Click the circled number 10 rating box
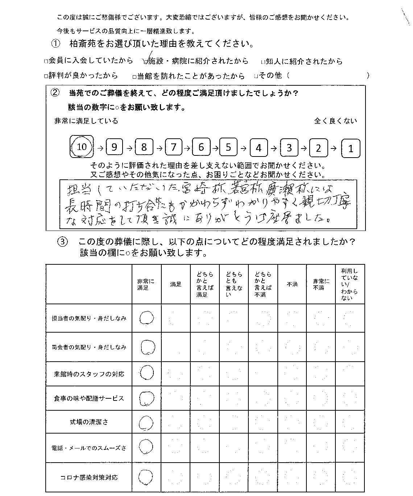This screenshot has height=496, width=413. [82, 147]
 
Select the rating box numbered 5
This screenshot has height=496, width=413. [228, 147]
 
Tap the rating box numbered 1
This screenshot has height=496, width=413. [351, 149]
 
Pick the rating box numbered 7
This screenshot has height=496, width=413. [174, 147]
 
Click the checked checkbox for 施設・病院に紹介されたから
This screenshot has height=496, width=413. [146, 61]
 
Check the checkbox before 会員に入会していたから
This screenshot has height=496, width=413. [46, 61]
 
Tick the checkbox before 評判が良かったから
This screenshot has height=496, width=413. [46, 76]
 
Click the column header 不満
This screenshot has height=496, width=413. [292, 285]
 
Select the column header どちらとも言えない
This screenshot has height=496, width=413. [234, 284]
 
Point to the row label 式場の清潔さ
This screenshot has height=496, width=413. [89, 422]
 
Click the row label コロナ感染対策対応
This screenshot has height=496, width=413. [89, 477]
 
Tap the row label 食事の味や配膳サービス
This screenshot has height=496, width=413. [89, 398]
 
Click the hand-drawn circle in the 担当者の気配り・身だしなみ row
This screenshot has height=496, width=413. [146, 318]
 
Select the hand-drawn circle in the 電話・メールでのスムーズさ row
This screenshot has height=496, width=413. [146, 447]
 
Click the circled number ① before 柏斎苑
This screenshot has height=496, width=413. [55, 44]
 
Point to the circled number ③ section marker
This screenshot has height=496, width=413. [63, 242]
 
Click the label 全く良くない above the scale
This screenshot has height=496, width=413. [335, 121]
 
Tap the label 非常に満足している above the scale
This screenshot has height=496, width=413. [86, 121]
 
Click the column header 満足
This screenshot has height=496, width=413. [176, 285]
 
